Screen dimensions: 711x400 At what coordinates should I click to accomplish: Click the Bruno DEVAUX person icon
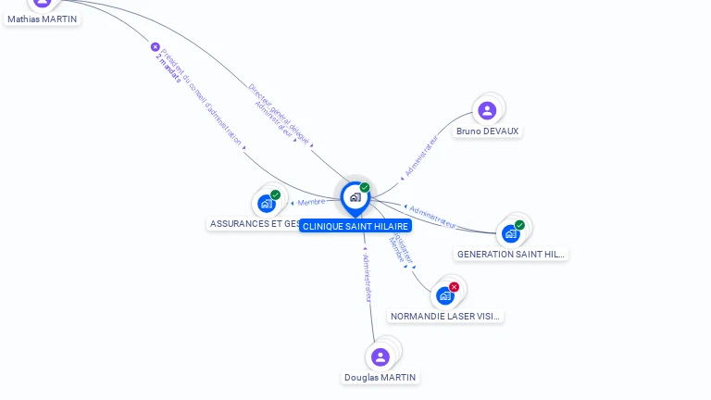487,110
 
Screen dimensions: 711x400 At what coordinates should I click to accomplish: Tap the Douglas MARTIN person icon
380,356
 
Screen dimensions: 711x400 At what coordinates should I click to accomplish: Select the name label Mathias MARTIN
43,19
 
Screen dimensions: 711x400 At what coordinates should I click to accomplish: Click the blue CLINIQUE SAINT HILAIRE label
355,226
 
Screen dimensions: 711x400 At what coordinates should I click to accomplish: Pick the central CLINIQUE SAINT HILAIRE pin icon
355,197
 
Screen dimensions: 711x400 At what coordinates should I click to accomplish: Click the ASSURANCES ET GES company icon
267,204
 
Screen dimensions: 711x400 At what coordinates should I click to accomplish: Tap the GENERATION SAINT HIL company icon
510,233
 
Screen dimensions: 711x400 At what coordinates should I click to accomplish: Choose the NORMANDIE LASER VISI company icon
444,295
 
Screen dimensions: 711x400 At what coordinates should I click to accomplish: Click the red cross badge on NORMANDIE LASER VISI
454,287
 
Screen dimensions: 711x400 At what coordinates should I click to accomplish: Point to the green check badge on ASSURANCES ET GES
275,195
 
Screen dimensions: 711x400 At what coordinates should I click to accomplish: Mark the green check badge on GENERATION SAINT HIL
519,225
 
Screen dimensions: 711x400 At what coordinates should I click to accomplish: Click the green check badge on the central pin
365,188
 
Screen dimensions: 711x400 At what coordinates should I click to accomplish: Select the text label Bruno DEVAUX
487,131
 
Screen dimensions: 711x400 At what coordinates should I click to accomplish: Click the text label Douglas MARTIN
380,378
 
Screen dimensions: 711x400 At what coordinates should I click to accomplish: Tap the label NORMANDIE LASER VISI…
445,317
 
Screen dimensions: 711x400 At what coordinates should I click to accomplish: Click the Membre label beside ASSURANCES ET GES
311,202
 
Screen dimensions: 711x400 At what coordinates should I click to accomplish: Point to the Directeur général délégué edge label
278,111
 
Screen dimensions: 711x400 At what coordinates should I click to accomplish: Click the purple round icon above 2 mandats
155,46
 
